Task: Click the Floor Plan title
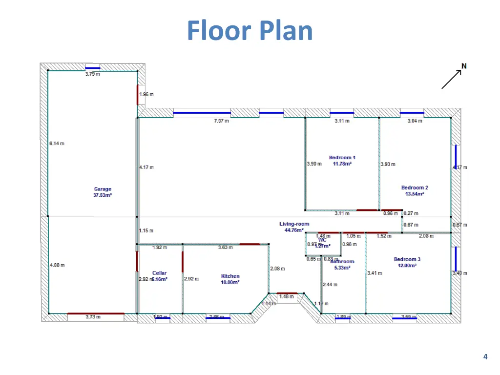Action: tap(250, 30)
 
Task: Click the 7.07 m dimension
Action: tap(221, 121)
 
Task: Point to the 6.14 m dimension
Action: tap(57, 143)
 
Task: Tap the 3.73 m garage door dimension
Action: tap(93, 317)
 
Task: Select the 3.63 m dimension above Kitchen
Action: tap(225, 248)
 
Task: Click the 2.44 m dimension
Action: tap(330, 284)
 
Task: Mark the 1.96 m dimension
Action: tap(146, 94)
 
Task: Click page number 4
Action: tap(485, 357)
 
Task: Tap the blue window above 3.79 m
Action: tap(93, 68)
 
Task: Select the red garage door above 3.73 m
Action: tap(95, 313)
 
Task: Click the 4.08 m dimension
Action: tap(57, 265)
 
